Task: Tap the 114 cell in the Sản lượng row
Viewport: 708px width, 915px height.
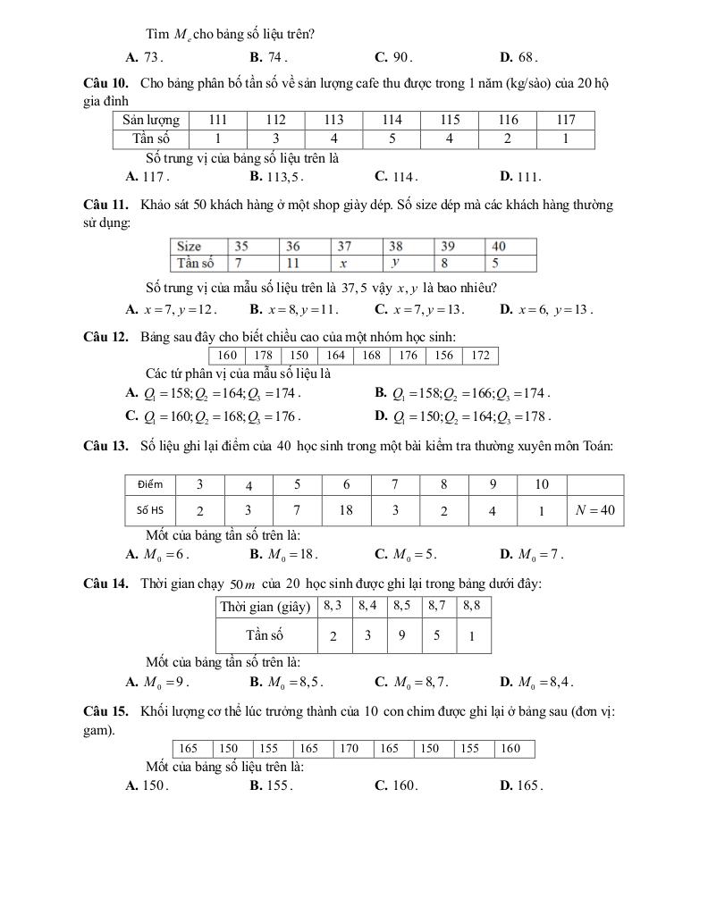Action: tap(392, 120)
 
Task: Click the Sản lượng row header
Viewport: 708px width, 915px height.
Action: tap(151, 120)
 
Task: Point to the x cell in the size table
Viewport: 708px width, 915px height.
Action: tap(343, 263)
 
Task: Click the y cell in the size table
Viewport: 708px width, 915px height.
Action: tap(394, 263)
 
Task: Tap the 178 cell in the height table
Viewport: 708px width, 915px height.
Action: tap(264, 356)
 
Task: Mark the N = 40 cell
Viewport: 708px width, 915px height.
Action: tap(595, 510)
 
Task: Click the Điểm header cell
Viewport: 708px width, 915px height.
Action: tap(150, 484)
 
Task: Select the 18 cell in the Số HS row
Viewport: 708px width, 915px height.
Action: tap(346, 510)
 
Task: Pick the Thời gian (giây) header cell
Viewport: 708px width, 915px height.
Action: tap(265, 607)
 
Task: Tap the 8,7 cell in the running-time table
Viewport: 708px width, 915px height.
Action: tap(437, 606)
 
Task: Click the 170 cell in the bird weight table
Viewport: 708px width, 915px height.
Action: tap(350, 749)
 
